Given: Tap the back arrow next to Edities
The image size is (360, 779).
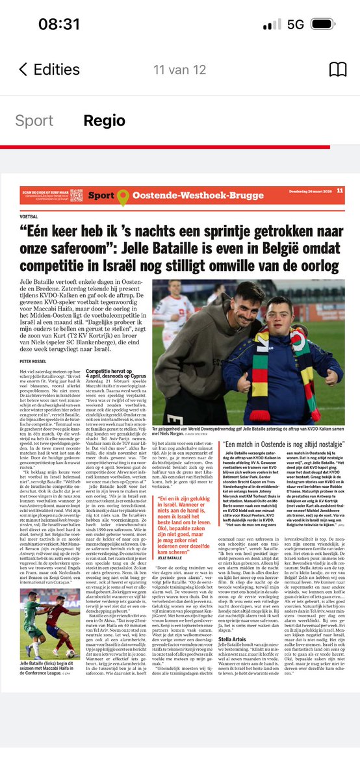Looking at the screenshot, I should click(x=23, y=70).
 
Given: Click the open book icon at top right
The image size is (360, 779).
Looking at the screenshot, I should click(x=337, y=70).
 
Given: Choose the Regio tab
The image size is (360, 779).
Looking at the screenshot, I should click(x=104, y=120).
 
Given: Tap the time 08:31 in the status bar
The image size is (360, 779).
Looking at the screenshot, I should click(x=58, y=25).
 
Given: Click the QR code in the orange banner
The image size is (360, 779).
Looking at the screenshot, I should click(x=77, y=194).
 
